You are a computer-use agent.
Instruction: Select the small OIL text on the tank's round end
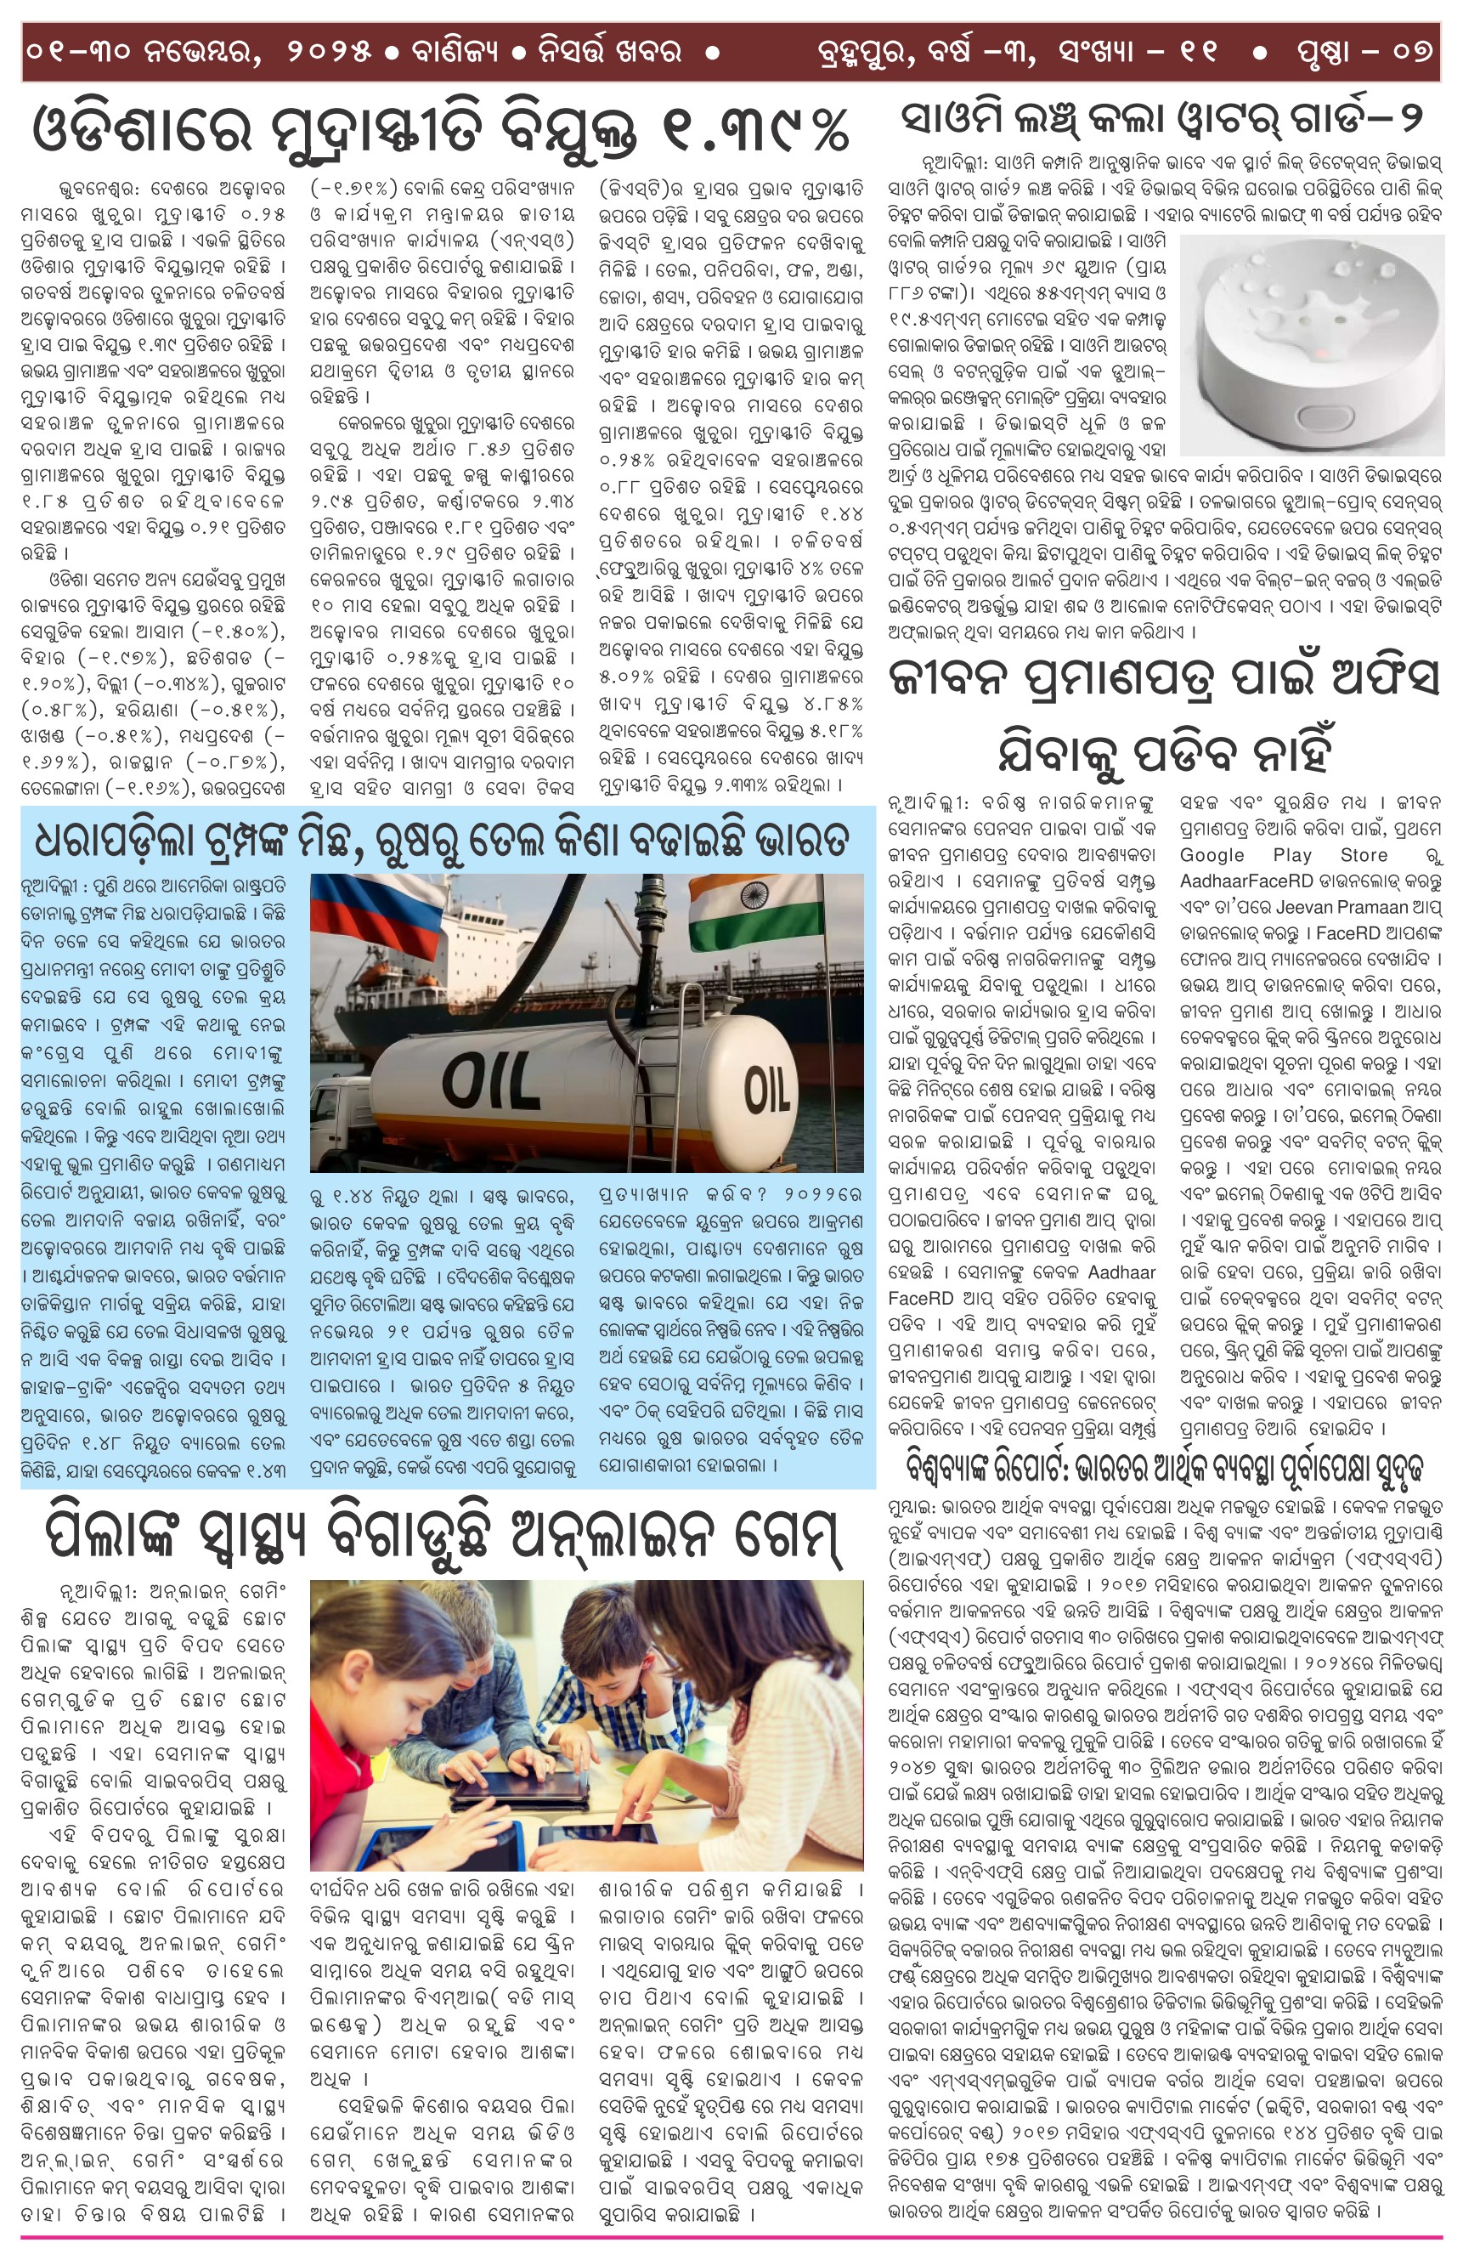click(767, 1088)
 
